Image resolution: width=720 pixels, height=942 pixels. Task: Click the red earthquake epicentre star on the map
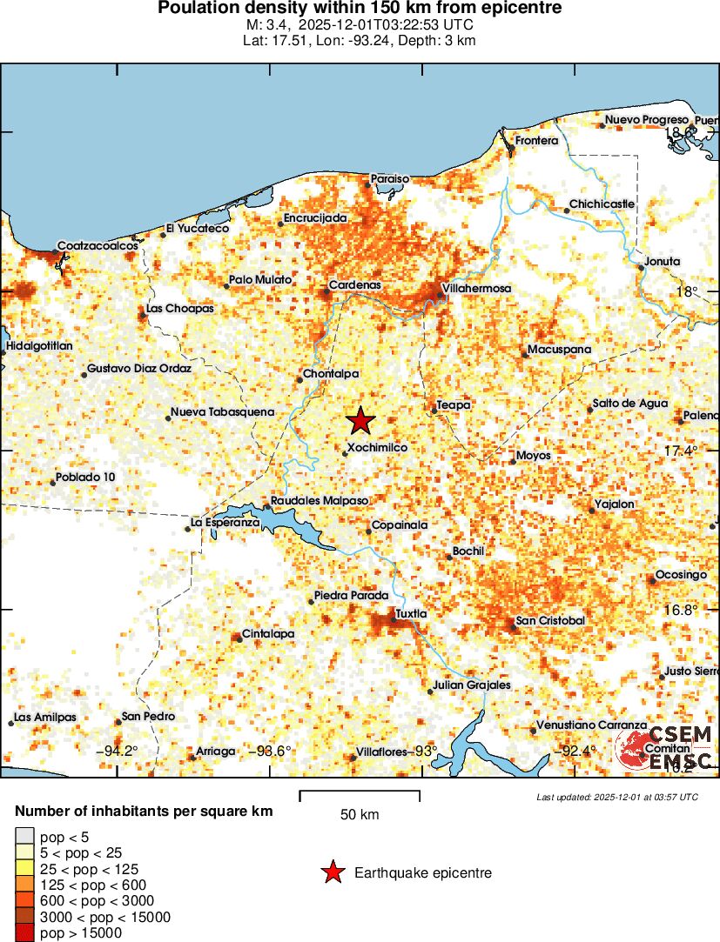coord(360,421)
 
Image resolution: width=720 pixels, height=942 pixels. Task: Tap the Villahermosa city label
coord(477,288)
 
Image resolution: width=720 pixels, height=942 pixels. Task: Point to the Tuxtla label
coord(411,614)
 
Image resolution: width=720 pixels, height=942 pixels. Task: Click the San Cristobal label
coord(550,621)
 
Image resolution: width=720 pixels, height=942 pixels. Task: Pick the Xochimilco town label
coord(377,448)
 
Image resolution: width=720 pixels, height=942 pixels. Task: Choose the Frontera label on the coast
coord(535,141)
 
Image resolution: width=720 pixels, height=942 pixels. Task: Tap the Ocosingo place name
coord(681,575)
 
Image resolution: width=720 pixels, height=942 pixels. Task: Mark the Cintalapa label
coord(268,634)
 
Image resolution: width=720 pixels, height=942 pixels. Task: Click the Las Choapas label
coord(179,309)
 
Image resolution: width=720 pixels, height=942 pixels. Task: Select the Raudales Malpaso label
coord(320,501)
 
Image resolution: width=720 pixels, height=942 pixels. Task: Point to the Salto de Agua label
coord(630,404)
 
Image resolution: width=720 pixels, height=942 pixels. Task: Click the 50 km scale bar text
coord(360,815)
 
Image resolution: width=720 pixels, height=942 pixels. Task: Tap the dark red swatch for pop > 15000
coord(24,932)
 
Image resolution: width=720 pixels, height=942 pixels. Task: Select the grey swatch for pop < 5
coord(24,837)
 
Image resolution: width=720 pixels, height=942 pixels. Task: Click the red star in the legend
coord(332,872)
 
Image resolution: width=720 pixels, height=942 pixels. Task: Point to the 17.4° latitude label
coord(680,451)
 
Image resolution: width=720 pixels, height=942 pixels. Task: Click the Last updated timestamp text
coord(617,796)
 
